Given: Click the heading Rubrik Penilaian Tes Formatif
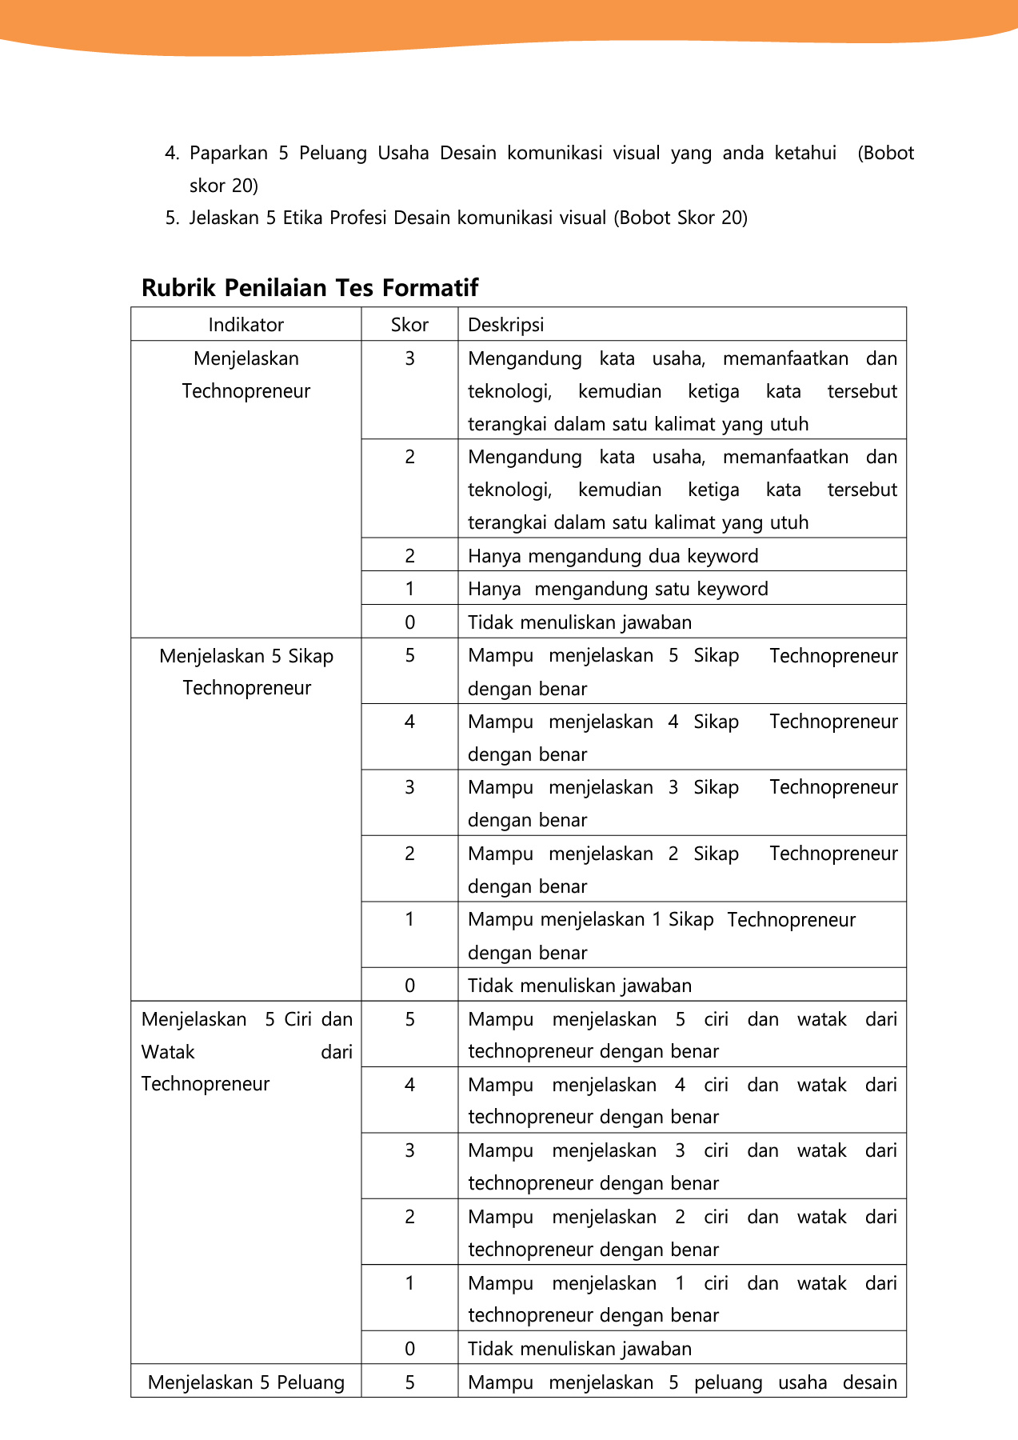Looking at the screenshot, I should click(309, 288).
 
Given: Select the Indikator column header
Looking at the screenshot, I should click(246, 325).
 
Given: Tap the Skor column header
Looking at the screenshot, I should click(409, 325).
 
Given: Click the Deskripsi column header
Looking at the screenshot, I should click(505, 325).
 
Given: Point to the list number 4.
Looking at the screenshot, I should click(171, 154).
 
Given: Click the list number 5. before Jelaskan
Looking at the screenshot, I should click(171, 218).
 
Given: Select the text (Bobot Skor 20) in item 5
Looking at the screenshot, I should click(681, 218).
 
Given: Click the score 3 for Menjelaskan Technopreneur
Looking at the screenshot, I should click(409, 358).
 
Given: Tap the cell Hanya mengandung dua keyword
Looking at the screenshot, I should click(613, 556).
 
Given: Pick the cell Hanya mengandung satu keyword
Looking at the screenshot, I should click(617, 590).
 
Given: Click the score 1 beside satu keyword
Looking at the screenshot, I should click(409, 590).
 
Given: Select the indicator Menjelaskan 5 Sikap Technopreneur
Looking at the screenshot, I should click(246, 672).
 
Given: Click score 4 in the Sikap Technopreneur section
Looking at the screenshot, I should click(409, 722).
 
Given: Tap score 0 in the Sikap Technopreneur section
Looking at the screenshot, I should click(409, 986).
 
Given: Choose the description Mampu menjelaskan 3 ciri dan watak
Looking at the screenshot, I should click(681, 1166).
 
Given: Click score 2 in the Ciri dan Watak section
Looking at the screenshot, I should click(409, 1217).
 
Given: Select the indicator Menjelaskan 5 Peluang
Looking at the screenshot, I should click(246, 1382).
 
